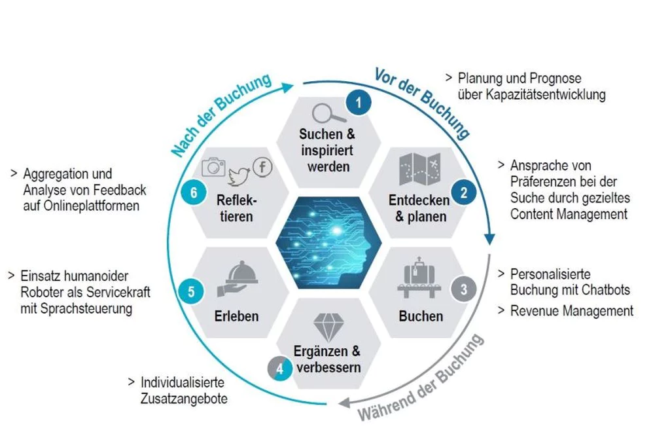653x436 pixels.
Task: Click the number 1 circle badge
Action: pyautogui.click(x=358, y=103)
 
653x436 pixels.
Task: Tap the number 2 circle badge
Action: pyautogui.click(x=463, y=192)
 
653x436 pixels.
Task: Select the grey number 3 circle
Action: pyautogui.click(x=463, y=289)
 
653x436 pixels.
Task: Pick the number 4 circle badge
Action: pyautogui.click(x=280, y=369)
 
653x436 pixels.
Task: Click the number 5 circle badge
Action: pyautogui.click(x=191, y=291)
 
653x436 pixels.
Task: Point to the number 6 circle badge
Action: pyautogui.click(x=194, y=192)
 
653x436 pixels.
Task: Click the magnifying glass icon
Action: pyautogui.click(x=328, y=113)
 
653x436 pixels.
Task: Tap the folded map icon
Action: pyautogui.click(x=420, y=170)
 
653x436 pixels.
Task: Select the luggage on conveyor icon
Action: pyautogui.click(x=419, y=277)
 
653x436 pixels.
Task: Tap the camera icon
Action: pyautogui.click(x=214, y=167)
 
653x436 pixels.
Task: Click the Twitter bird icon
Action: pyautogui.click(x=238, y=176)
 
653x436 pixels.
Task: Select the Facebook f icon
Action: pyautogui.click(x=262, y=168)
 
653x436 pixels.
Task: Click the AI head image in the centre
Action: pyautogui.click(x=328, y=243)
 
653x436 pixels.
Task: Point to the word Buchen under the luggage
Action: pyautogui.click(x=421, y=316)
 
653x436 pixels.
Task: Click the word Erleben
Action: pyautogui.click(x=237, y=316)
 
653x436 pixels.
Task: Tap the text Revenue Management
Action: pyautogui.click(x=572, y=311)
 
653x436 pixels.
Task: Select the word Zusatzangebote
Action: pyautogui.click(x=184, y=399)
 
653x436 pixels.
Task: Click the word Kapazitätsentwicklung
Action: pyautogui.click(x=532, y=95)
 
